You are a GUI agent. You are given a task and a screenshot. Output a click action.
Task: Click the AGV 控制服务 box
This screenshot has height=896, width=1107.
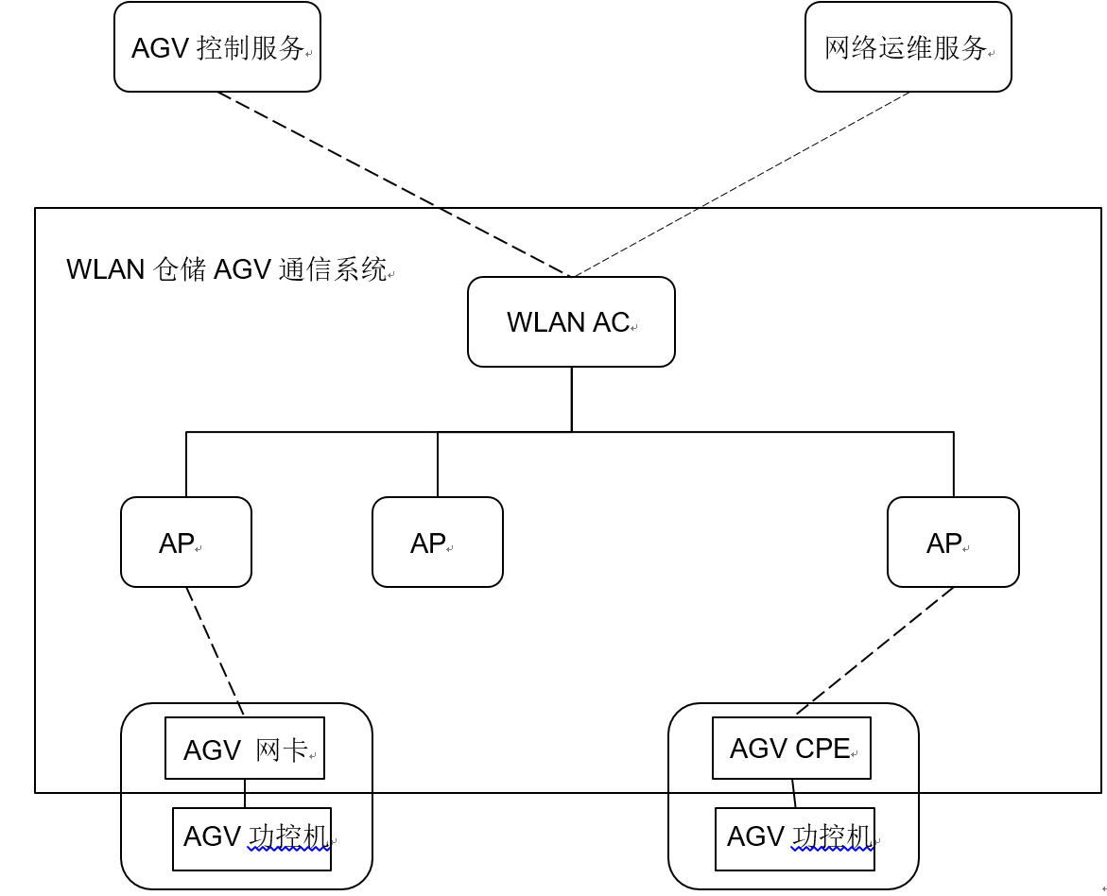[217, 47]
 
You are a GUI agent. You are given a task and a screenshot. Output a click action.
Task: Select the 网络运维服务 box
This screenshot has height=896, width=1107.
[908, 47]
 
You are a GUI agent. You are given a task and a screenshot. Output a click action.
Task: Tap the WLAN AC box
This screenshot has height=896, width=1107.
[571, 321]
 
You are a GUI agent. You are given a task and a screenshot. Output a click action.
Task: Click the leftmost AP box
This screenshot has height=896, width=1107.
[186, 542]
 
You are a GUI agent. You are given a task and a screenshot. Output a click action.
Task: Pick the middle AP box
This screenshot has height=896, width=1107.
[438, 542]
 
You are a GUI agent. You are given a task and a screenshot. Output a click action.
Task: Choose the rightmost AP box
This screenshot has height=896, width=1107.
[953, 542]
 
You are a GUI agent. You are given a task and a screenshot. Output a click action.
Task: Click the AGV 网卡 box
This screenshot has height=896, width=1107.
[245, 749]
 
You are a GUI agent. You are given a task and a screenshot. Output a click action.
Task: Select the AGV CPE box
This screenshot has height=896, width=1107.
[791, 749]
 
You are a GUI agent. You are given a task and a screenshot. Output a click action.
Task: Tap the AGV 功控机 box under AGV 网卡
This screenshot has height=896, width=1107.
[251, 838]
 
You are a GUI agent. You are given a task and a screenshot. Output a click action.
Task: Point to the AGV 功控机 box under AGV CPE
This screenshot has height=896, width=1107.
[794, 838]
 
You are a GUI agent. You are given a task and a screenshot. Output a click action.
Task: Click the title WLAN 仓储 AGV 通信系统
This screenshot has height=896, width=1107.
[227, 269]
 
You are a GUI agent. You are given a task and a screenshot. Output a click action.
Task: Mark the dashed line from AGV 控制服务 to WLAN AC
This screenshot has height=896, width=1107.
[392, 184]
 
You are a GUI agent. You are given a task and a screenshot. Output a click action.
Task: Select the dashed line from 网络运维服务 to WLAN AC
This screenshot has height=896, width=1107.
[740, 184]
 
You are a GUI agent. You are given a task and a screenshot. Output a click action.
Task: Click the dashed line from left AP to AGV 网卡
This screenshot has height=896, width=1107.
[215, 650]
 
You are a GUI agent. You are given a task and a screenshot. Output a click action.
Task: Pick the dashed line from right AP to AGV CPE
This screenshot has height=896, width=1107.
[874, 650]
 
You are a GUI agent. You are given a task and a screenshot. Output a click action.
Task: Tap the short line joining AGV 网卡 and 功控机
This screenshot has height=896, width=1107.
[245, 794]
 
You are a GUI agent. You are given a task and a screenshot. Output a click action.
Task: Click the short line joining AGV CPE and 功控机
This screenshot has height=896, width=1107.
[794, 794]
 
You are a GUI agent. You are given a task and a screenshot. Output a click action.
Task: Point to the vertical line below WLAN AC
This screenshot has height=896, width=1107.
[572, 399]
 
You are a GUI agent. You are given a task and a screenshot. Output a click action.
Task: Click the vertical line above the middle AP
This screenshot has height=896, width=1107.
[438, 464]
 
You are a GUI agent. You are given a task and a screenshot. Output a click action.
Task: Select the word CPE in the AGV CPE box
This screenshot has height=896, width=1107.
[822, 749]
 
